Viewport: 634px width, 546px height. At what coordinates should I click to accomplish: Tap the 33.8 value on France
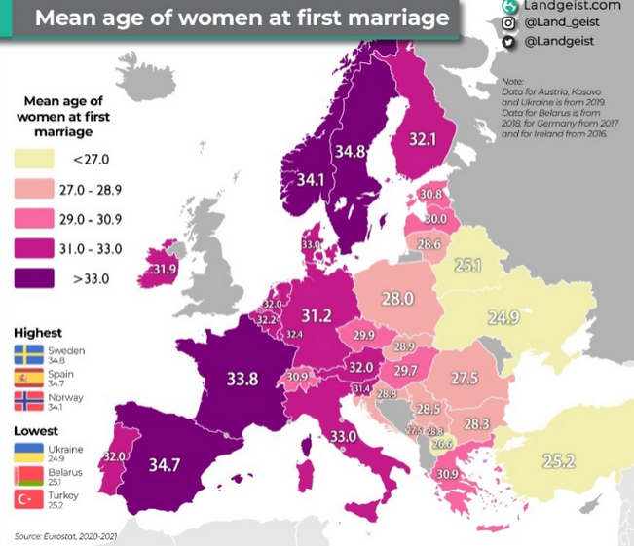pos(242,380)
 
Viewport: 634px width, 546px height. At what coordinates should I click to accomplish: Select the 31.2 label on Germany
pos(316,315)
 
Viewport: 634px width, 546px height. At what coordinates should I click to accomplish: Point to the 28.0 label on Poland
pos(397,299)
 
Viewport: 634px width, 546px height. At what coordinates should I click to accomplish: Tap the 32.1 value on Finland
pos(422,140)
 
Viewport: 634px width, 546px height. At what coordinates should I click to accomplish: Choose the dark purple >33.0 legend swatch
pos(38,277)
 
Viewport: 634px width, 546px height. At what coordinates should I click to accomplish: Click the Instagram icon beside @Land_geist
pos(507,23)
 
